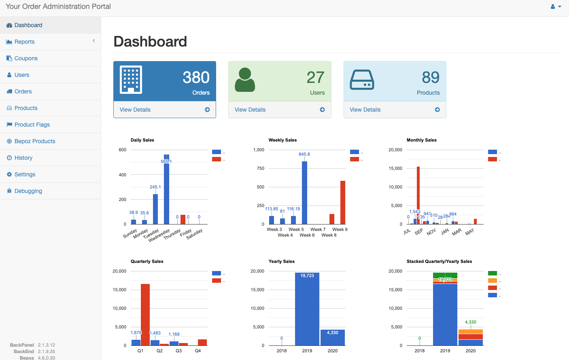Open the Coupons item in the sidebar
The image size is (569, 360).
[x=26, y=58]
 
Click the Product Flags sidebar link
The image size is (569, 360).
[x=32, y=125]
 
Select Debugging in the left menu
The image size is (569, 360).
[x=28, y=191]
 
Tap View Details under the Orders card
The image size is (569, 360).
[x=135, y=110]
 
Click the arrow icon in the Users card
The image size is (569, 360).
[x=322, y=110]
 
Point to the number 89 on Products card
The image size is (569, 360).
[x=430, y=77]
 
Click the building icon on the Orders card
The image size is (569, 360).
[x=131, y=79]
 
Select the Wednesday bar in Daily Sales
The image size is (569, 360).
[x=166, y=190]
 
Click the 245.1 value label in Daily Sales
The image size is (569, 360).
[x=155, y=187]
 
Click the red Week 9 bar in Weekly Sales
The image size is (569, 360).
[x=343, y=202]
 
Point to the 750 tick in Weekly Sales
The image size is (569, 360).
[x=260, y=168]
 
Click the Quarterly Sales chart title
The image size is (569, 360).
[x=147, y=261]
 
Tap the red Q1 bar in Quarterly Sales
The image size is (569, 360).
[x=145, y=314]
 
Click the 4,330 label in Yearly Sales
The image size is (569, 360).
[x=332, y=332]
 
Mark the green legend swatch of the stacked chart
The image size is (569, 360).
[x=493, y=273]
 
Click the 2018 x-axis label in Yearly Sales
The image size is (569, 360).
[x=282, y=351]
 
